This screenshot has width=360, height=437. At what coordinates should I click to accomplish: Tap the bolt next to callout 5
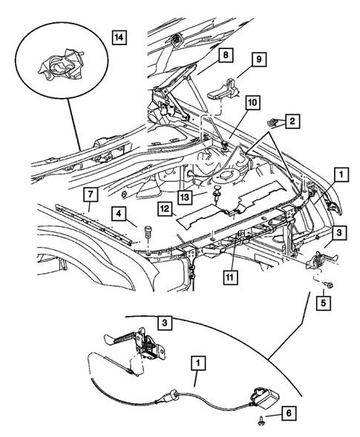[x=328, y=284]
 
